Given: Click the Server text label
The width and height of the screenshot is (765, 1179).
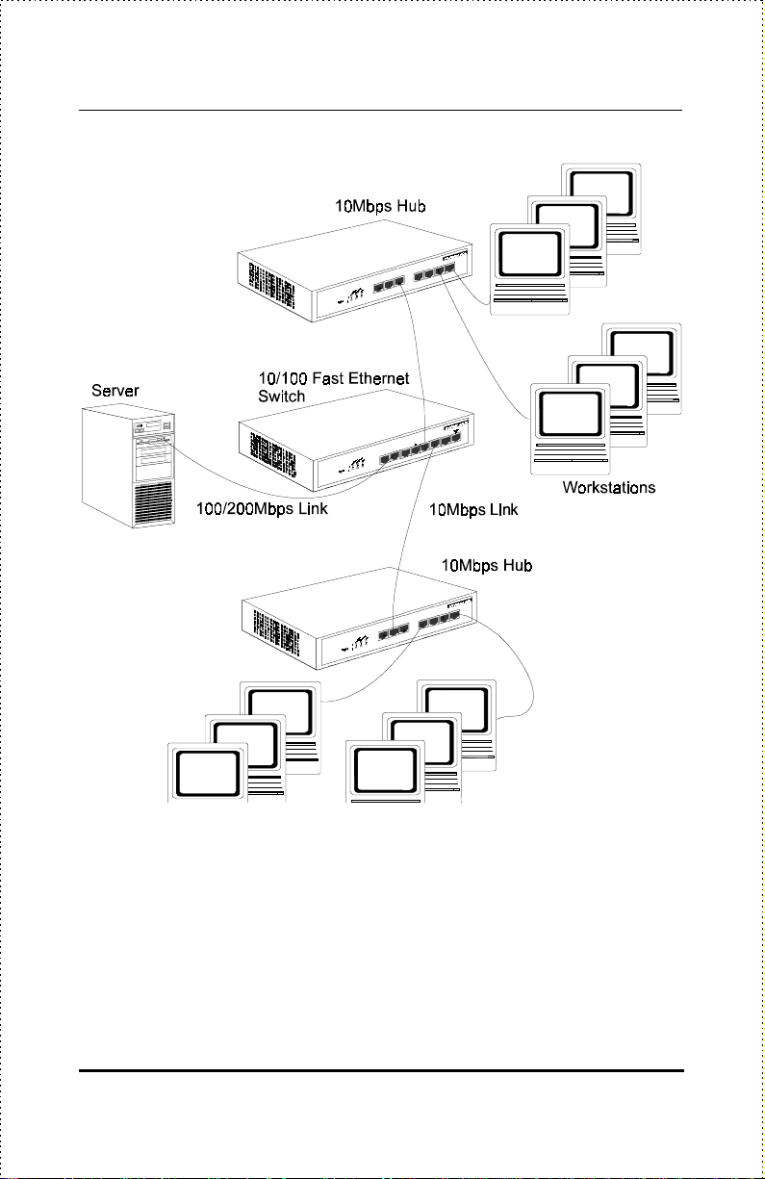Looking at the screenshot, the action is pyautogui.click(x=115, y=391).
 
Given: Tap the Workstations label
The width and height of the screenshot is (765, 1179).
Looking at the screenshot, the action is pyautogui.click(x=609, y=487).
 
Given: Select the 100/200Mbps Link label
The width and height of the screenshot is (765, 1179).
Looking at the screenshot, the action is pyautogui.click(x=262, y=509).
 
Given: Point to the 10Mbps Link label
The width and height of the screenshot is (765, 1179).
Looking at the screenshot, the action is pyautogui.click(x=473, y=509).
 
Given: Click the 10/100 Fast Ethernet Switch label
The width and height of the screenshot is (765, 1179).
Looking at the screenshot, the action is pyautogui.click(x=334, y=387).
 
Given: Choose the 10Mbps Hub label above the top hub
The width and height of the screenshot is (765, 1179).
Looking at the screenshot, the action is pyautogui.click(x=380, y=206).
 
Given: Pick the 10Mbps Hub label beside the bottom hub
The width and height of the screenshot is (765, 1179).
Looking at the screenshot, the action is pyautogui.click(x=487, y=565).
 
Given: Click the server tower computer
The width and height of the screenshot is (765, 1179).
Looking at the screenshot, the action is pyautogui.click(x=128, y=466).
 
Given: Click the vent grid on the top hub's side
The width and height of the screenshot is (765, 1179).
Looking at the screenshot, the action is pyautogui.click(x=271, y=285).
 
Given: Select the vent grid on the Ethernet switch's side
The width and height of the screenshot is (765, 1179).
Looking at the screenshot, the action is pyautogui.click(x=272, y=454).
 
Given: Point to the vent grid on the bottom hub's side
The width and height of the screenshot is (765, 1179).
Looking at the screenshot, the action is pyautogui.click(x=276, y=632).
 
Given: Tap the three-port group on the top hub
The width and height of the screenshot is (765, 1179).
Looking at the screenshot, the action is pyautogui.click(x=389, y=284).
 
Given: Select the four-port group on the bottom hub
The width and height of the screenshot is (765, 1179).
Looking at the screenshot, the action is pyautogui.click(x=440, y=619).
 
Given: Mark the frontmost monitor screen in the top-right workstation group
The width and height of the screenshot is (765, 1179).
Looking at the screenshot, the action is pyautogui.click(x=529, y=254).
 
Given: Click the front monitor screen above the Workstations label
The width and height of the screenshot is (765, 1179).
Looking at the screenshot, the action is pyautogui.click(x=570, y=414).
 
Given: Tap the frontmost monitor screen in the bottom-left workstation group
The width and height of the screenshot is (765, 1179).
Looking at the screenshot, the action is pyautogui.click(x=207, y=774).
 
